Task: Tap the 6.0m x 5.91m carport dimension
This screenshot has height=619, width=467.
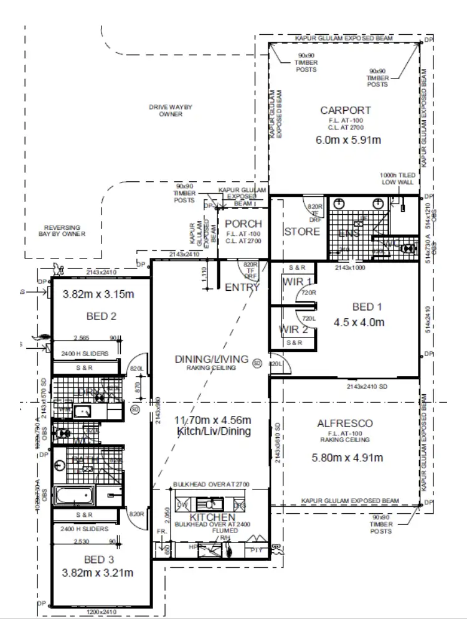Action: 349,139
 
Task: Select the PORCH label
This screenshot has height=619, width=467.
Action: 243,224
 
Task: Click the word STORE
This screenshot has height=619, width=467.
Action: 302,232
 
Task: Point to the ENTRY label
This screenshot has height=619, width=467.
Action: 242,287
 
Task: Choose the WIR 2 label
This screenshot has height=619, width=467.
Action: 293,329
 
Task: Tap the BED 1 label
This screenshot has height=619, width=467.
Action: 367,306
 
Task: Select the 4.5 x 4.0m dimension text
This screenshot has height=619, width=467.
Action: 367,322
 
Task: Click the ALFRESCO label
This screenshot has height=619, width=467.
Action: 345,423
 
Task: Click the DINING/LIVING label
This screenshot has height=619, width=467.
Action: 212,359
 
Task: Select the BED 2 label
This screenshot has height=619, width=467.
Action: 101,316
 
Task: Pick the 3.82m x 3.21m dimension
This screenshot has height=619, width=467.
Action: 98,573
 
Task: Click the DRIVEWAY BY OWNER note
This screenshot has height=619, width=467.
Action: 170,111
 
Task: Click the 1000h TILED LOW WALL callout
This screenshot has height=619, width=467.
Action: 397,179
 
